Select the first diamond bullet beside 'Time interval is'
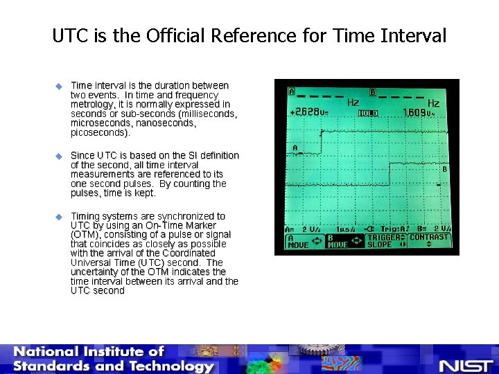(59, 86)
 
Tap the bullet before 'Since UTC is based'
(59, 156)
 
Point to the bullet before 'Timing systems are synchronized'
(59, 217)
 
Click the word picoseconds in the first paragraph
(99, 132)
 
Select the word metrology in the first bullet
(93, 105)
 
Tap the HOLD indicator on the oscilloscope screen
(368, 113)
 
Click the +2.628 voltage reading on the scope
(310, 112)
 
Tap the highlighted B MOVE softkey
(344, 240)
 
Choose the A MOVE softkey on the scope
(304, 240)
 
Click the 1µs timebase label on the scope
(345, 229)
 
